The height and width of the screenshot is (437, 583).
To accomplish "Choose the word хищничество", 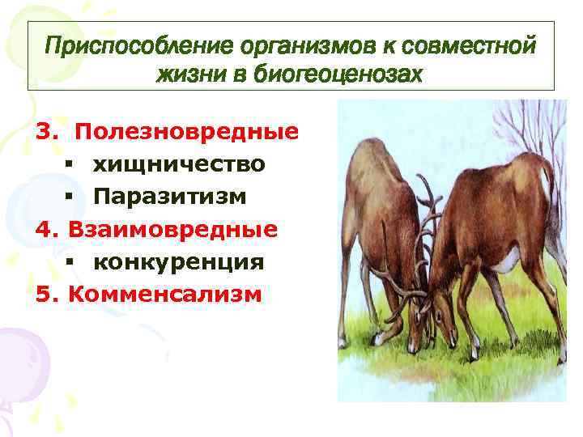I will (x=178, y=164).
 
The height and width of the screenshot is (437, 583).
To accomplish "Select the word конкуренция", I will (x=177, y=262).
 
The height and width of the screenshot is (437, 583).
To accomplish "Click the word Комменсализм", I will (x=165, y=295).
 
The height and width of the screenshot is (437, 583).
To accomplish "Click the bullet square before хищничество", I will (x=71, y=165).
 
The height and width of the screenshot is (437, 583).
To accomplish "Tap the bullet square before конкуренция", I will (x=71, y=263).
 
